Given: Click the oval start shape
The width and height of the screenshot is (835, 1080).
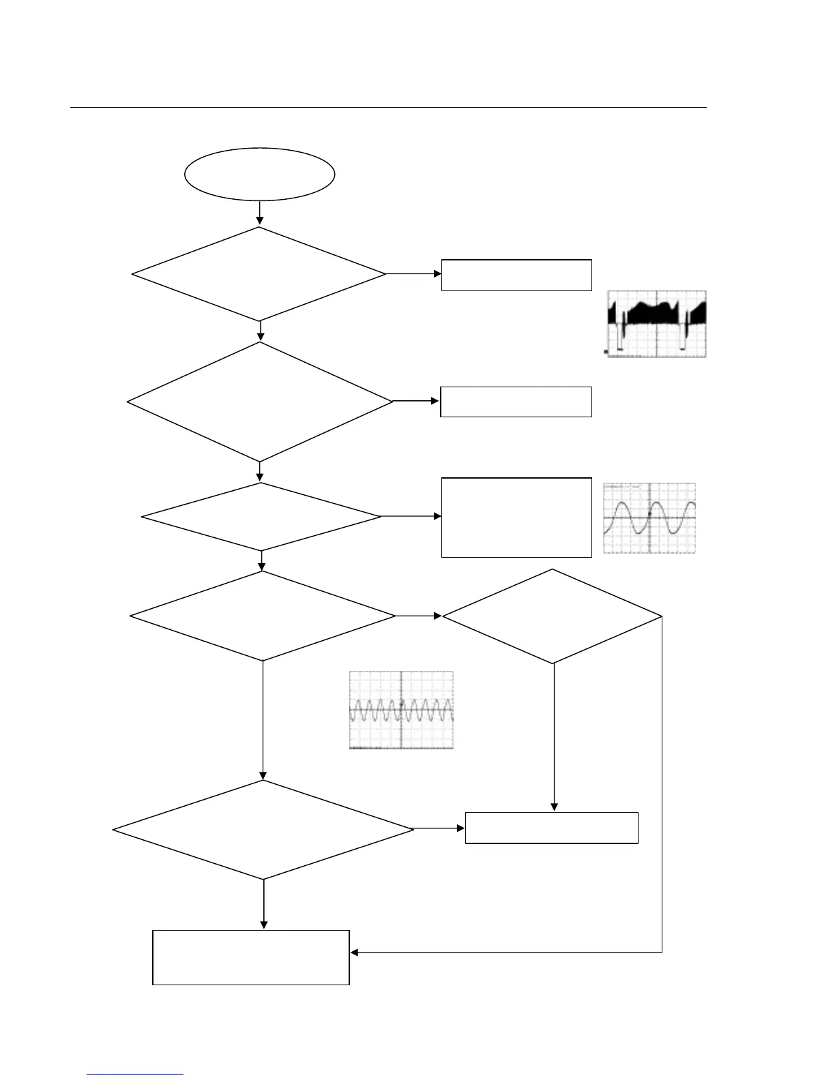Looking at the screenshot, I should [259, 174].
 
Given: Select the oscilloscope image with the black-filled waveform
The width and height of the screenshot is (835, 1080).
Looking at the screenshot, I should [656, 324].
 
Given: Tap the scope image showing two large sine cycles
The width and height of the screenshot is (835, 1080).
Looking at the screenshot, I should [649, 518].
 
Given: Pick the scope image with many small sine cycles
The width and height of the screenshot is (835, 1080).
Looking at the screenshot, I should [401, 710].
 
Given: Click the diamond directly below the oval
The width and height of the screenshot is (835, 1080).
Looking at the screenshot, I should [259, 274].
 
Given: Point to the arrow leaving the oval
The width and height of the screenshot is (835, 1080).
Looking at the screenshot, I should [259, 213].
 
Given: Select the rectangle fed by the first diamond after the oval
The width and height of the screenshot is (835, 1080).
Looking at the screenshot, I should [516, 275].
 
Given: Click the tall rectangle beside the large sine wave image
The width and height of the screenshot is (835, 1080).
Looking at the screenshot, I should [516, 517].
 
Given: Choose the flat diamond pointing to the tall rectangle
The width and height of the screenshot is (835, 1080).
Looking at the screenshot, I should [261, 517].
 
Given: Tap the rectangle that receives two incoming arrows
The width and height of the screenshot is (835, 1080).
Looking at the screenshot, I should [551, 828].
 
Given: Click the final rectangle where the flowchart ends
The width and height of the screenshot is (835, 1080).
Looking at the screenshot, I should [250, 957].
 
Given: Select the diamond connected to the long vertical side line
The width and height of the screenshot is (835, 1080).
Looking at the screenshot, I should [553, 616].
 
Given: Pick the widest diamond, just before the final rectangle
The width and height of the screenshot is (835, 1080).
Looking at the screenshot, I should [263, 830].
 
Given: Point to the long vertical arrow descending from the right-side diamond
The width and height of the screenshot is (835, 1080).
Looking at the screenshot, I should [553, 736].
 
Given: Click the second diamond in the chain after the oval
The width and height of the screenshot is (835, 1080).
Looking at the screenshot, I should [260, 402].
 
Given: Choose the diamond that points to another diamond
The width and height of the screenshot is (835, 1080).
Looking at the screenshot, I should [263, 616].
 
